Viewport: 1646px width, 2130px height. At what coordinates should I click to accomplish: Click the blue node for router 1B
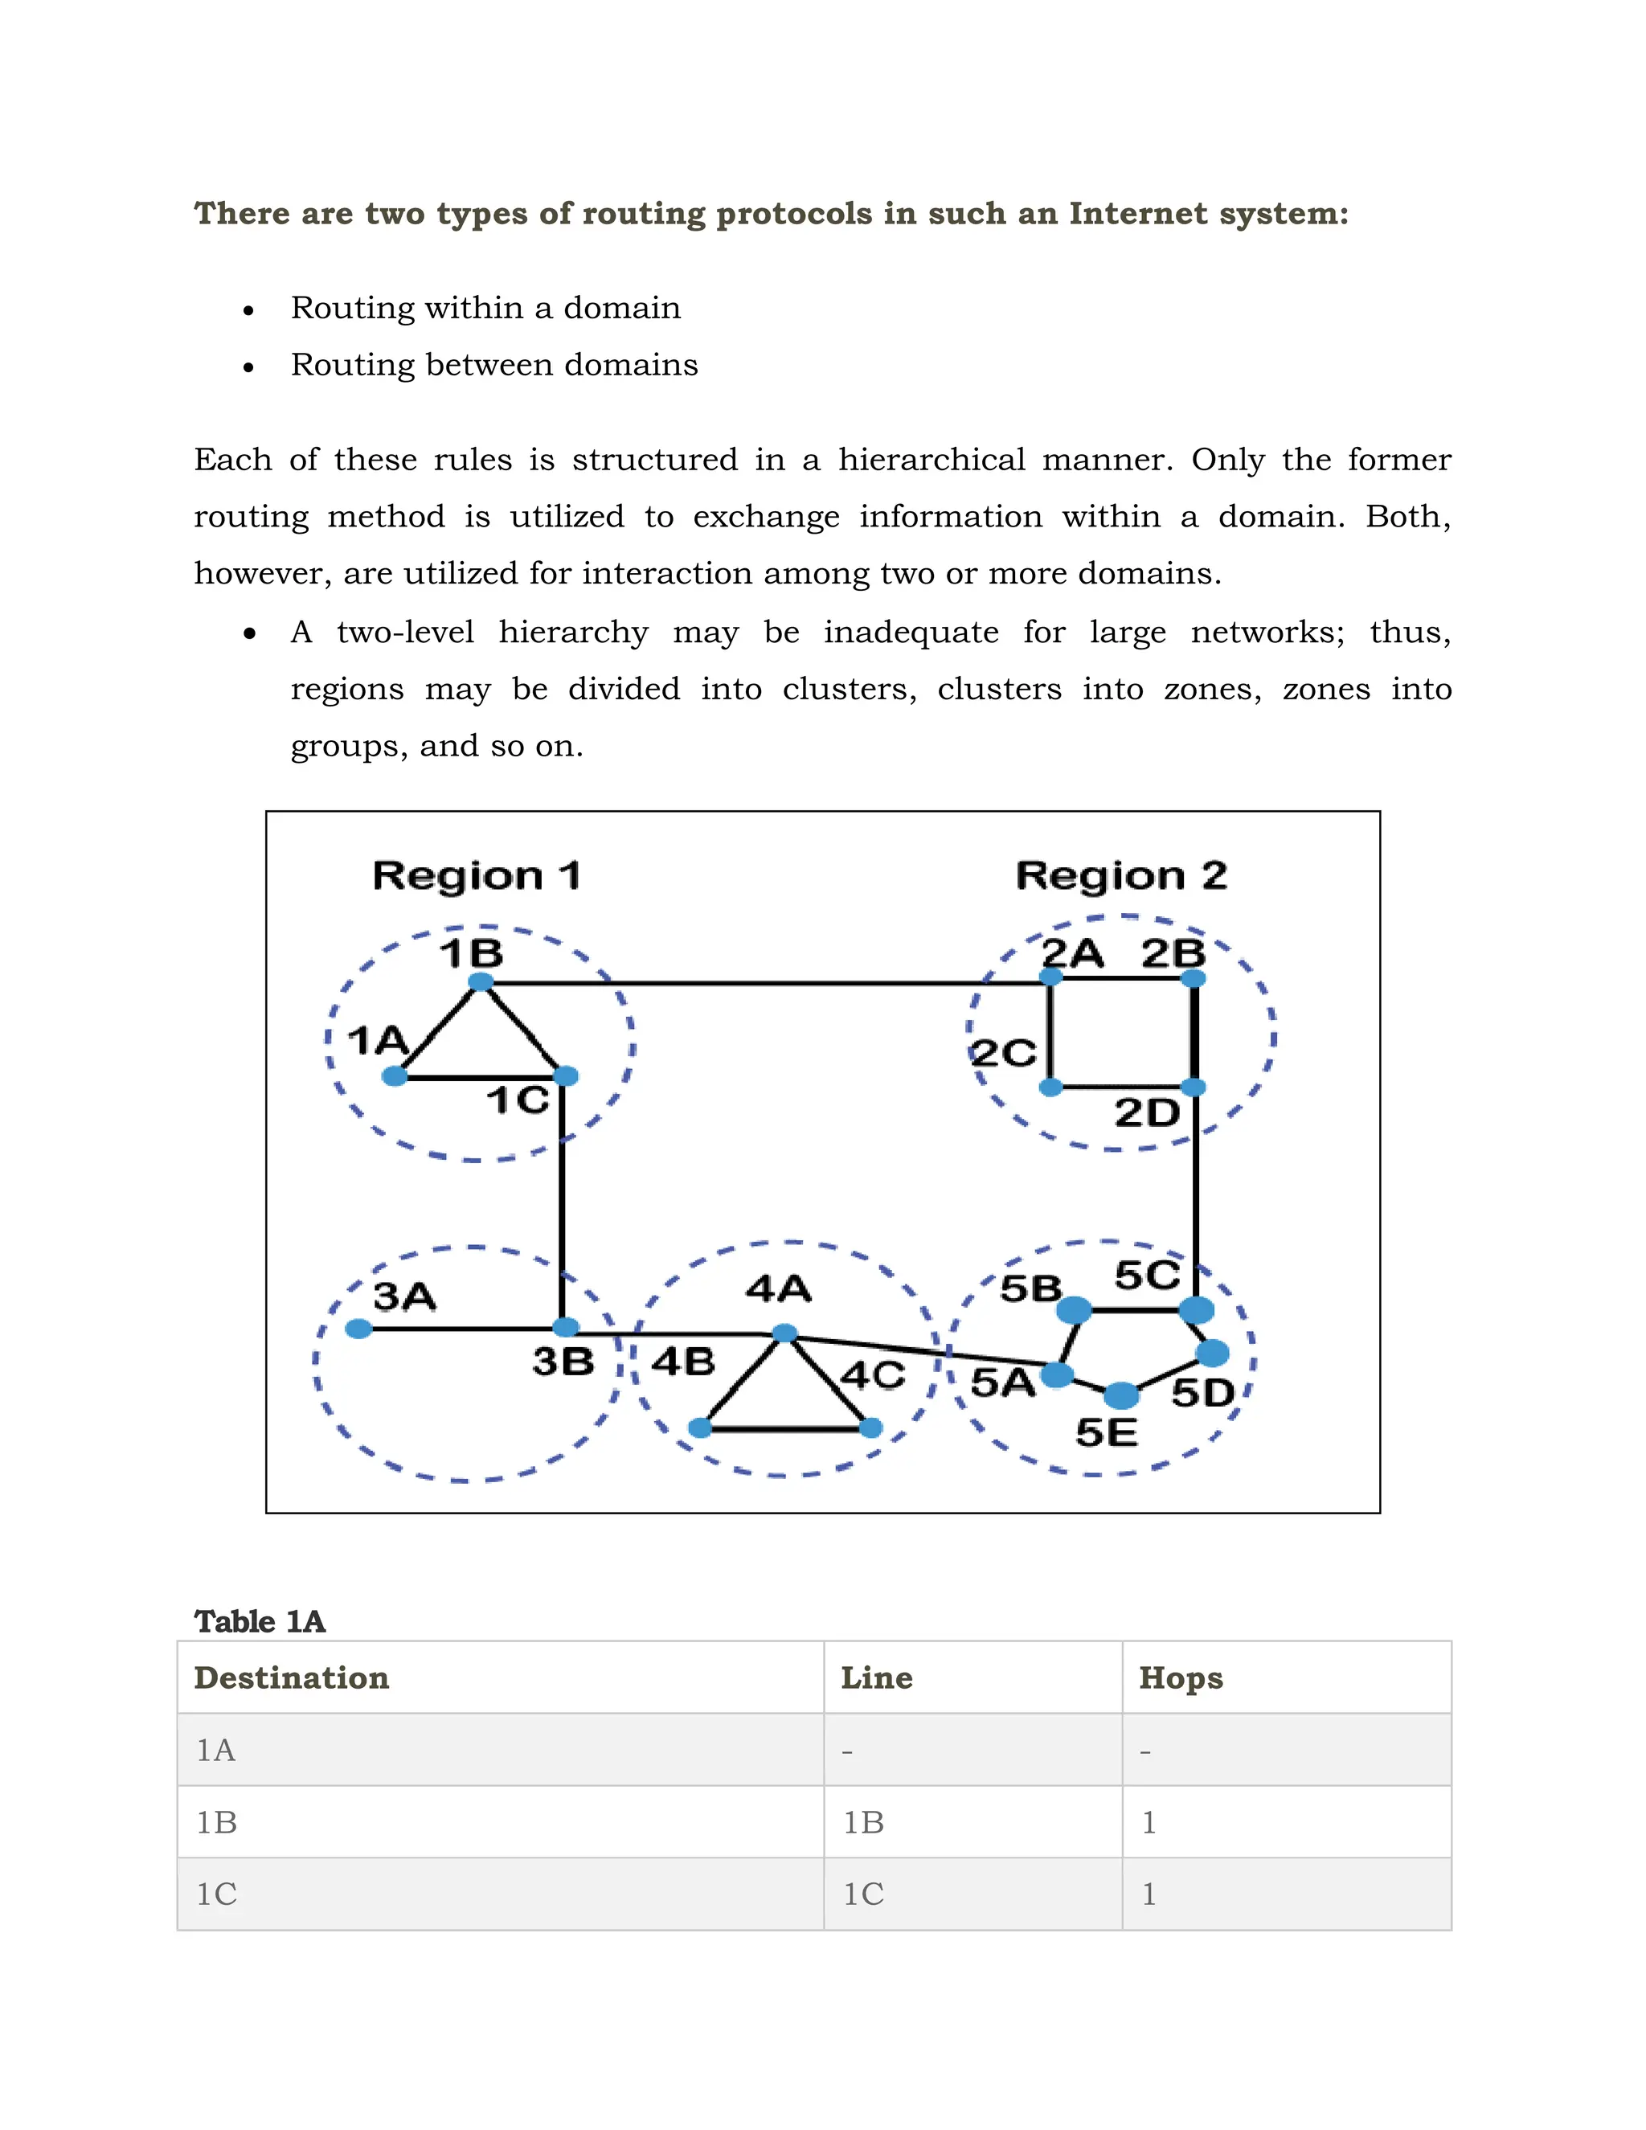tap(481, 981)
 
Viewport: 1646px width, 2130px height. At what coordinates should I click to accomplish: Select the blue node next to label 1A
tap(395, 1075)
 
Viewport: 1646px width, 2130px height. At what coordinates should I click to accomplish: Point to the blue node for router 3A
tap(358, 1329)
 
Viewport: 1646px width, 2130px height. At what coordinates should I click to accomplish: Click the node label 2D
tap(1147, 1112)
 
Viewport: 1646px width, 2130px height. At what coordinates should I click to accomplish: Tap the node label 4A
tap(778, 1288)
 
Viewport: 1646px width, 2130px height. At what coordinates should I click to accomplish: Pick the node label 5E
tap(1107, 1432)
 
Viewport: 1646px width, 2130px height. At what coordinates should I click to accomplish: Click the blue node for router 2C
tap(1050, 1087)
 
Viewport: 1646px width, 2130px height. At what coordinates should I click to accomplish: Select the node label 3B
tap(563, 1362)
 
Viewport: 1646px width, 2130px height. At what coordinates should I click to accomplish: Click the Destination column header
tap(292, 1677)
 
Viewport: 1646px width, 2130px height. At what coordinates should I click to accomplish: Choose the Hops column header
tap(1181, 1677)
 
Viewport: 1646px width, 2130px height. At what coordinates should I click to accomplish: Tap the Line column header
tap(877, 1677)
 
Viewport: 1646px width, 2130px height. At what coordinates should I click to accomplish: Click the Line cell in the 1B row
tap(864, 1822)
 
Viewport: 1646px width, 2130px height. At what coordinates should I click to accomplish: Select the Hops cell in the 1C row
tap(1149, 1894)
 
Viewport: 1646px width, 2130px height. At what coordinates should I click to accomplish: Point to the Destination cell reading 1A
tap(215, 1751)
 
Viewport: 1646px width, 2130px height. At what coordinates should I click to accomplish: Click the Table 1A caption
tap(260, 1621)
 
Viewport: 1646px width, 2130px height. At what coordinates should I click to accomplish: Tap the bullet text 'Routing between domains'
tap(494, 365)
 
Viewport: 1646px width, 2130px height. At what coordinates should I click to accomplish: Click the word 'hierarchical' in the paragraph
tap(932, 459)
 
